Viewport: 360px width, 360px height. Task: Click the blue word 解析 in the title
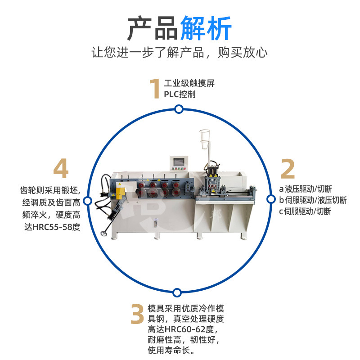[206, 28]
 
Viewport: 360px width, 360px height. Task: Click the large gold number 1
[155, 89]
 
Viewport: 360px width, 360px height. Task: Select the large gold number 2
[288, 169]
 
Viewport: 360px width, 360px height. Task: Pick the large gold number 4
[61, 169]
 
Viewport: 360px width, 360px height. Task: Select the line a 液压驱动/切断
[306, 189]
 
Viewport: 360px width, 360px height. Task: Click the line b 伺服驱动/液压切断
[313, 200]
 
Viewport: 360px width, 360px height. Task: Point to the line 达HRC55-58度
[54, 227]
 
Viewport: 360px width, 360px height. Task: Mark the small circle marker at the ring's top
[179, 109]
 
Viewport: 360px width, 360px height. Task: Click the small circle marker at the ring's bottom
[179, 291]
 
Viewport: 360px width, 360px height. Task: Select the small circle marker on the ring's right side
[271, 199]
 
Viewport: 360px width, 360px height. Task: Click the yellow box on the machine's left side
[121, 192]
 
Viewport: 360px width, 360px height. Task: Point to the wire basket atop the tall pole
[206, 141]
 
